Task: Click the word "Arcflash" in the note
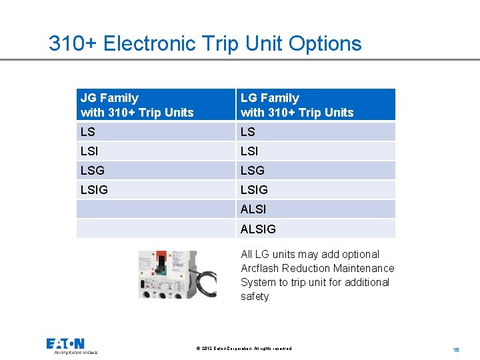260,268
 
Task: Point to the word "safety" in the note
255,296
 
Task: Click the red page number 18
456,349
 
